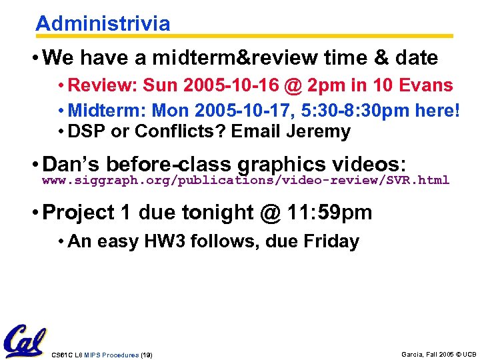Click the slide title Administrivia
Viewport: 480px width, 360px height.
point(103,24)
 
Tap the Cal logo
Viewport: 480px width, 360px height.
point(25,341)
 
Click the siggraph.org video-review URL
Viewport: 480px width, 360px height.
point(245,180)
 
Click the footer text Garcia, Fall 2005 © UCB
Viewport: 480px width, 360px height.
point(439,354)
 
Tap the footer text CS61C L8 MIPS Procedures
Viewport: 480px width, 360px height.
point(95,355)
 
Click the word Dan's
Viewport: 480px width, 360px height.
point(71,164)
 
